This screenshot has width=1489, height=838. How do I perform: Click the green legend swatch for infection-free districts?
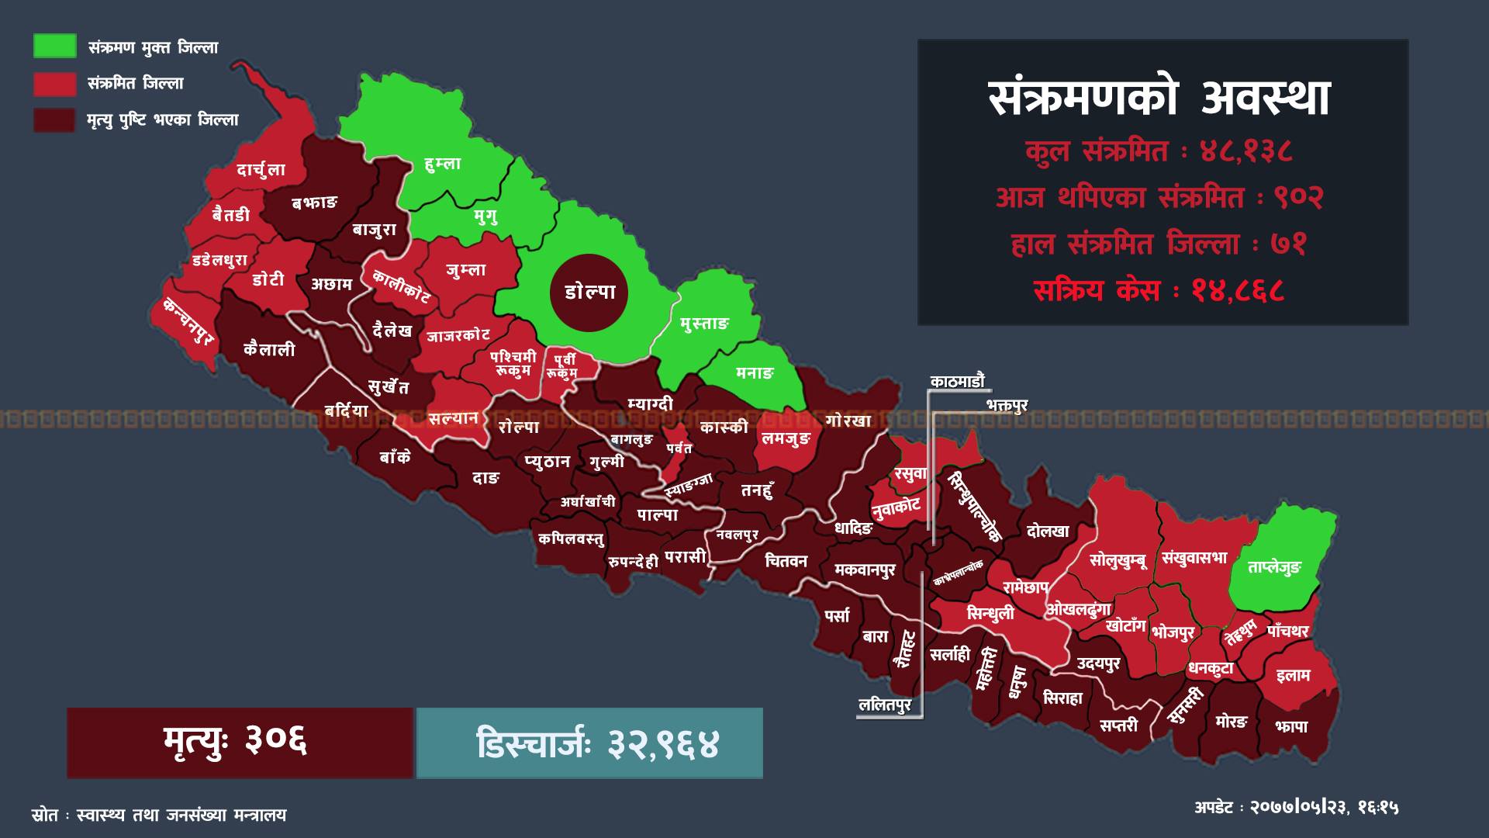point(54,47)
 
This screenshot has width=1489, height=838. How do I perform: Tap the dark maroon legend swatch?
point(54,120)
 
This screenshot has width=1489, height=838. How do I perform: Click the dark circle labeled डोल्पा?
point(589,293)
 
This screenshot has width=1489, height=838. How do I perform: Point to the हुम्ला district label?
point(443,164)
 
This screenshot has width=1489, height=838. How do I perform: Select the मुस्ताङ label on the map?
point(704,324)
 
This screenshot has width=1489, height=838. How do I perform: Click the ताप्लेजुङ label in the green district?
point(1274,567)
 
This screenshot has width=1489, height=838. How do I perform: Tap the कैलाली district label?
point(269,349)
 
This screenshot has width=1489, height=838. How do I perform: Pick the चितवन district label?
point(786,560)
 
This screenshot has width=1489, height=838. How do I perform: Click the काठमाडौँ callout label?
point(958,381)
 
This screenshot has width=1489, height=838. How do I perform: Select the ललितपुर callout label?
point(885,705)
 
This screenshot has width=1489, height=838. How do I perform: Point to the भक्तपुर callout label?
point(1007,405)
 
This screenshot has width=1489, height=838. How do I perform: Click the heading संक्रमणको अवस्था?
point(1161,99)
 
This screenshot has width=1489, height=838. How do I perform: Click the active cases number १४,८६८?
point(1238,291)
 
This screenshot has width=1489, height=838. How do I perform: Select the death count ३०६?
point(276,742)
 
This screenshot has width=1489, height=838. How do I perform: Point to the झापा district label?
point(1291,726)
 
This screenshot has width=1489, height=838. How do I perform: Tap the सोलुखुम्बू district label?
point(1118,559)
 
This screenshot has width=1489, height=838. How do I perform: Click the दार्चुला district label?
point(261,170)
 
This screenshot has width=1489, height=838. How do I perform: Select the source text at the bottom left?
point(159,815)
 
